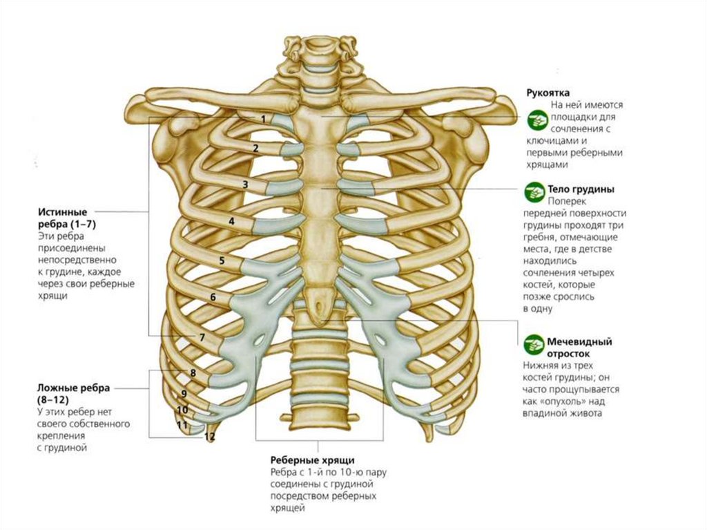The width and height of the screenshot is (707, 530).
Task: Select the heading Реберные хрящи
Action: (x=313, y=460)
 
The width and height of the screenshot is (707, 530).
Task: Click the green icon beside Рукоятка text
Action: (x=535, y=120)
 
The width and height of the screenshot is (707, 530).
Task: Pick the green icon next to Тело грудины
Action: (x=535, y=189)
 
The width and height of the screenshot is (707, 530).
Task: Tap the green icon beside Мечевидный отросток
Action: (x=535, y=342)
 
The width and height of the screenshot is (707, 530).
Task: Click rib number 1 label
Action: (x=263, y=119)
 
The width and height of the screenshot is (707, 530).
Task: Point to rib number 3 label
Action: (x=245, y=184)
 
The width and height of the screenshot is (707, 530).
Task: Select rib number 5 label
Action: (x=222, y=261)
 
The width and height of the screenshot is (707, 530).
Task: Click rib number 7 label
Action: (x=202, y=338)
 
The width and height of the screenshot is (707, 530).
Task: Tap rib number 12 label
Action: (x=210, y=437)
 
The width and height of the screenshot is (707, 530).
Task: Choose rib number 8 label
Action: (x=193, y=373)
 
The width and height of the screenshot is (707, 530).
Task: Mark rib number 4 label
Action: (x=232, y=222)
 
